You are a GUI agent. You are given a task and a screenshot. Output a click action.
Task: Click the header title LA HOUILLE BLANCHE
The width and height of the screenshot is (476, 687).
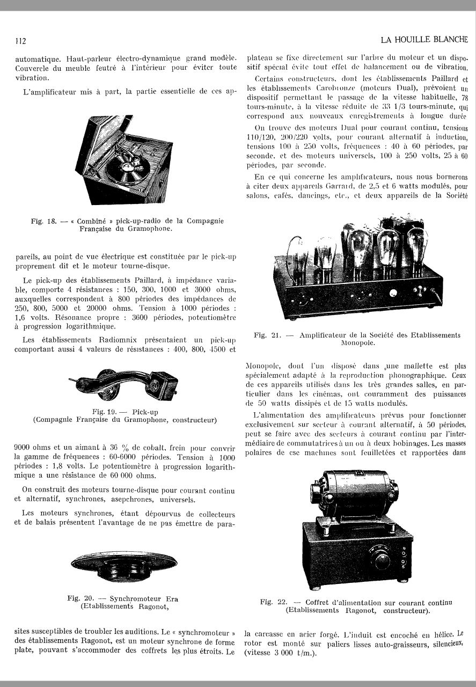[x=424, y=40]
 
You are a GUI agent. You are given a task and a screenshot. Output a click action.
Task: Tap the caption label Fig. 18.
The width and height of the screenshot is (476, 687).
[x=42, y=221]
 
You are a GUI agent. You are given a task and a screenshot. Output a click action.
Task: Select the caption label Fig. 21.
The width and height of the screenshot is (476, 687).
[x=268, y=335]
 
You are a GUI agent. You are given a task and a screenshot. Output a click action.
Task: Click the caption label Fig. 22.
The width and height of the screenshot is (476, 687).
[x=274, y=602]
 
